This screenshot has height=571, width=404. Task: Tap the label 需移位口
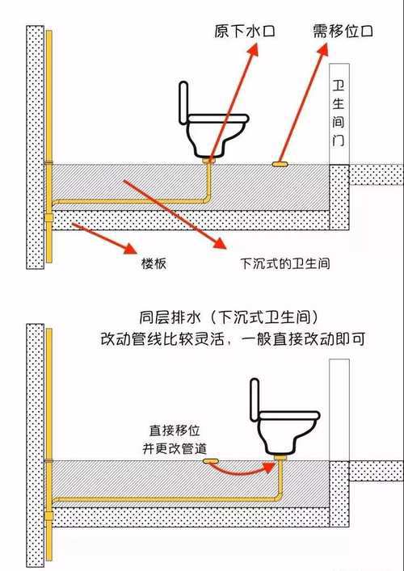(x=343, y=31)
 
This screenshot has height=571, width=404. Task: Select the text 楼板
(x=154, y=263)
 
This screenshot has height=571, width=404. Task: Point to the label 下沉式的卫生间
(x=275, y=263)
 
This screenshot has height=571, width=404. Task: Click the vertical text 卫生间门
(x=339, y=113)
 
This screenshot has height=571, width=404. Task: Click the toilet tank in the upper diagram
(x=183, y=105)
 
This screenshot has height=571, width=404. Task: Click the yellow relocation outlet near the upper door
(x=281, y=163)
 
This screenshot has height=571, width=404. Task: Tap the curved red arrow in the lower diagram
(x=246, y=469)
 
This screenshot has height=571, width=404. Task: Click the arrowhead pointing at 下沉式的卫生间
(x=217, y=242)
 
